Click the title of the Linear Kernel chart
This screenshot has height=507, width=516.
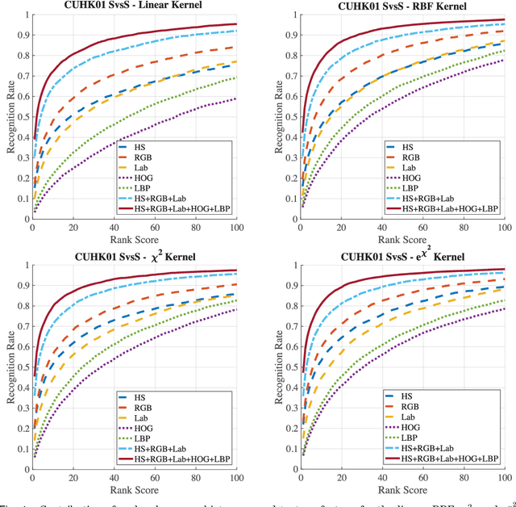tap(134, 6)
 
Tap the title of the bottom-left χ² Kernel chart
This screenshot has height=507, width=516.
tap(134, 257)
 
